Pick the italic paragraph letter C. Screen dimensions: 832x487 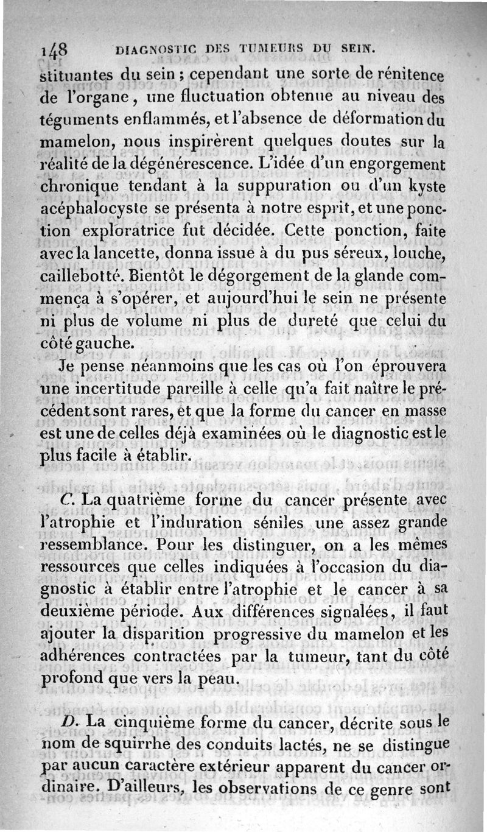click(x=68, y=500)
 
